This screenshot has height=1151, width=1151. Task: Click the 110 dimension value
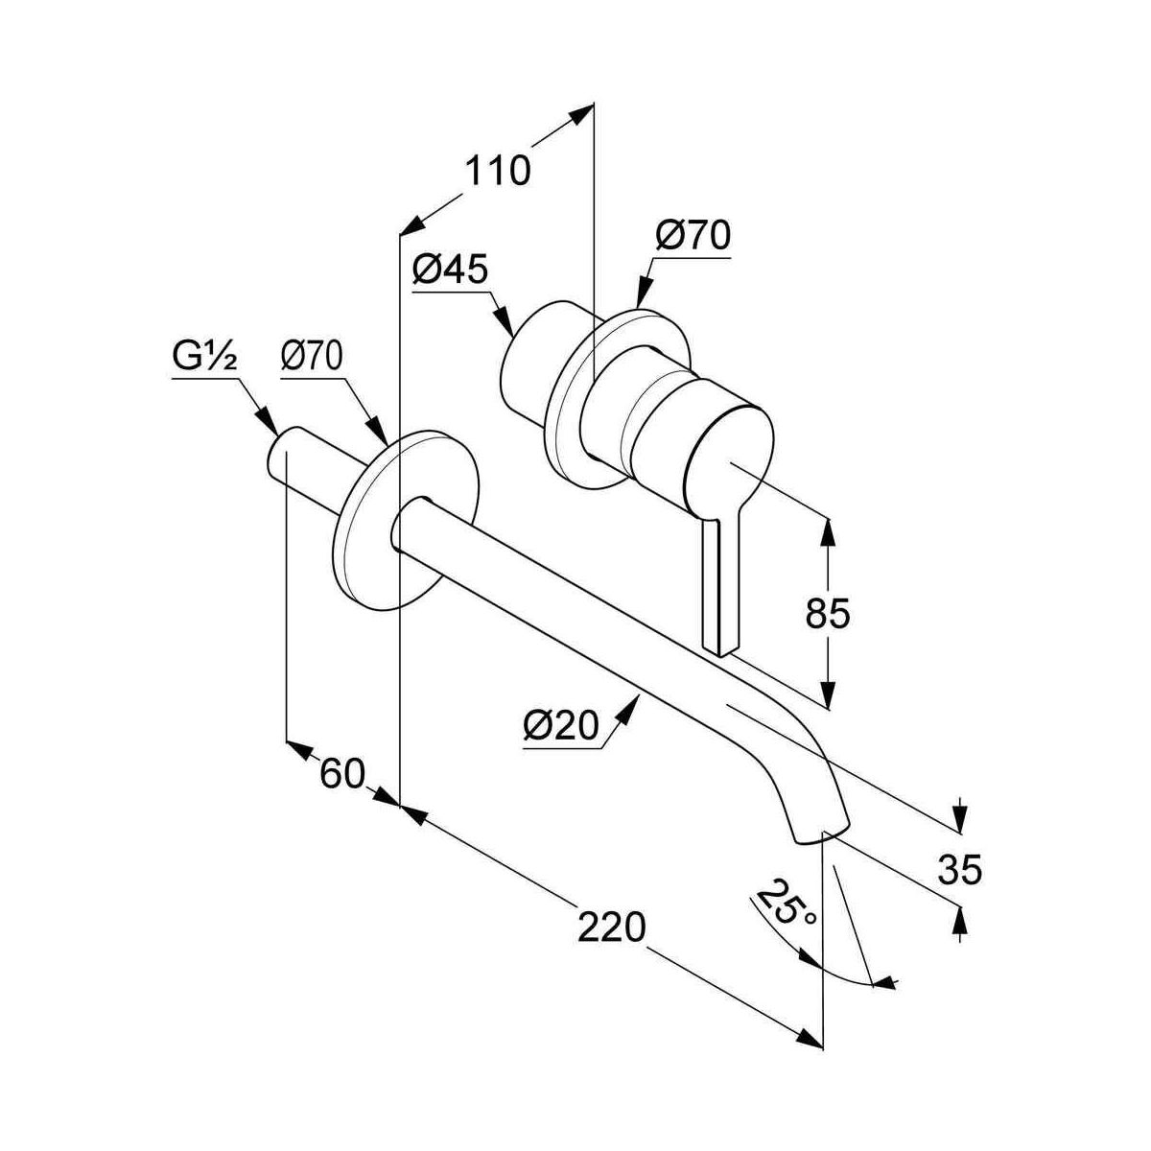coord(498,171)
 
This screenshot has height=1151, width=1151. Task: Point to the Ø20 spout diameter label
coord(560,726)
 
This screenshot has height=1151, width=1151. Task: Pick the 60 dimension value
coord(342,773)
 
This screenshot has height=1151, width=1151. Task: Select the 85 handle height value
coord(828,613)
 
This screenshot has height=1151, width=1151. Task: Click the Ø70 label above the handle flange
coord(693,235)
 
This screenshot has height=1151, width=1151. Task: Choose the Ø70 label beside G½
coord(312,358)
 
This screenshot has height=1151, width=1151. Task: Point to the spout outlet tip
coord(822,831)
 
